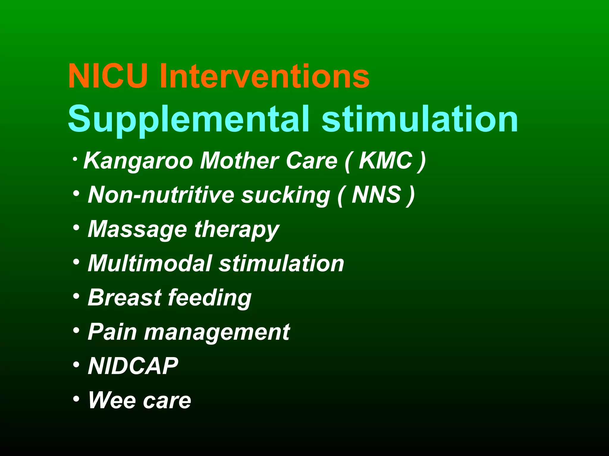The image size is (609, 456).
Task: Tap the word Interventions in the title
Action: [264, 76]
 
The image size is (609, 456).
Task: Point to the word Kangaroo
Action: [138, 161]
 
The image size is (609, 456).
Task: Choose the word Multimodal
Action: [150, 263]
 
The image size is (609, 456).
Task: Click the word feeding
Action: [210, 298]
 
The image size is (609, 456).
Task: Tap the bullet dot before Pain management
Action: [76, 330]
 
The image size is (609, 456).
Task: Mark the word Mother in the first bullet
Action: [239, 161]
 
